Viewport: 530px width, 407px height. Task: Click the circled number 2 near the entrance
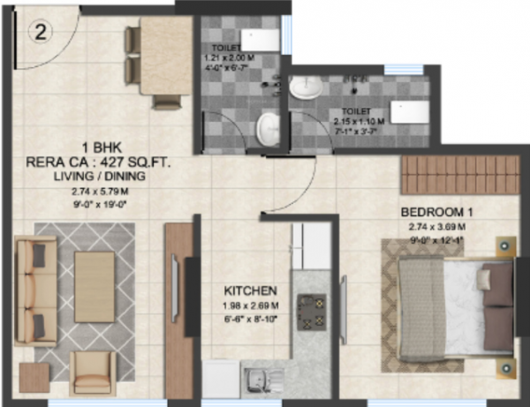click(x=42, y=33)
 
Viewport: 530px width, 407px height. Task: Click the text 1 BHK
click(x=100, y=147)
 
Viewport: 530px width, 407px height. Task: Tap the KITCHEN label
click(x=252, y=290)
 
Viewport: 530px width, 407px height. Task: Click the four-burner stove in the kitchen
click(x=311, y=312)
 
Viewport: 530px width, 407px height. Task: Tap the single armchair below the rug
click(x=93, y=372)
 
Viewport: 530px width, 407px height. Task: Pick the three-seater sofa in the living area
click(x=37, y=291)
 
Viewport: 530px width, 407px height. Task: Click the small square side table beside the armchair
click(x=35, y=375)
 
